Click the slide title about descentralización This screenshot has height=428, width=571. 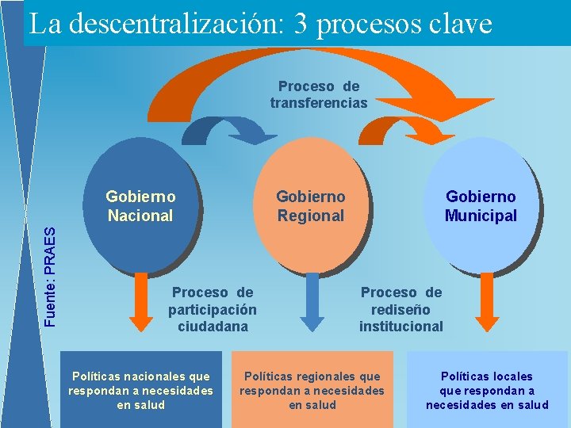[260, 24]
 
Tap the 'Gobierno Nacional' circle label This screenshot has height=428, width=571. [140, 206]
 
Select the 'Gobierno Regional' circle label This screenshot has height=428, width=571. [310, 206]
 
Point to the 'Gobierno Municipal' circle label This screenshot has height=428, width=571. [481, 206]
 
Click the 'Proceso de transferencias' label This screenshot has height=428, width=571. [318, 95]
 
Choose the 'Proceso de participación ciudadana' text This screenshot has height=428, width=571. [212, 310]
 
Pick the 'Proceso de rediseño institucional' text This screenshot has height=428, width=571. [400, 310]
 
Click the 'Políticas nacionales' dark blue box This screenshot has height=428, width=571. [140, 390]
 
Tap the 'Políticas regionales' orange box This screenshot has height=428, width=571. [312, 390]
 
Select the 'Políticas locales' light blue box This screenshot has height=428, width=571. [487, 390]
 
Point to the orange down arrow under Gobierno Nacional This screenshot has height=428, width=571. [140, 302]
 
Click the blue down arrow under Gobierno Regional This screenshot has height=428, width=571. [312, 302]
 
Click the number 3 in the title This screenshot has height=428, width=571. [301, 24]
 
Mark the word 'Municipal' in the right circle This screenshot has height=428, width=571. [481, 216]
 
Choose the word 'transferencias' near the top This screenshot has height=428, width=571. [318, 103]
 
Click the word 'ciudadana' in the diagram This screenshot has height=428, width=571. [213, 326]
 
